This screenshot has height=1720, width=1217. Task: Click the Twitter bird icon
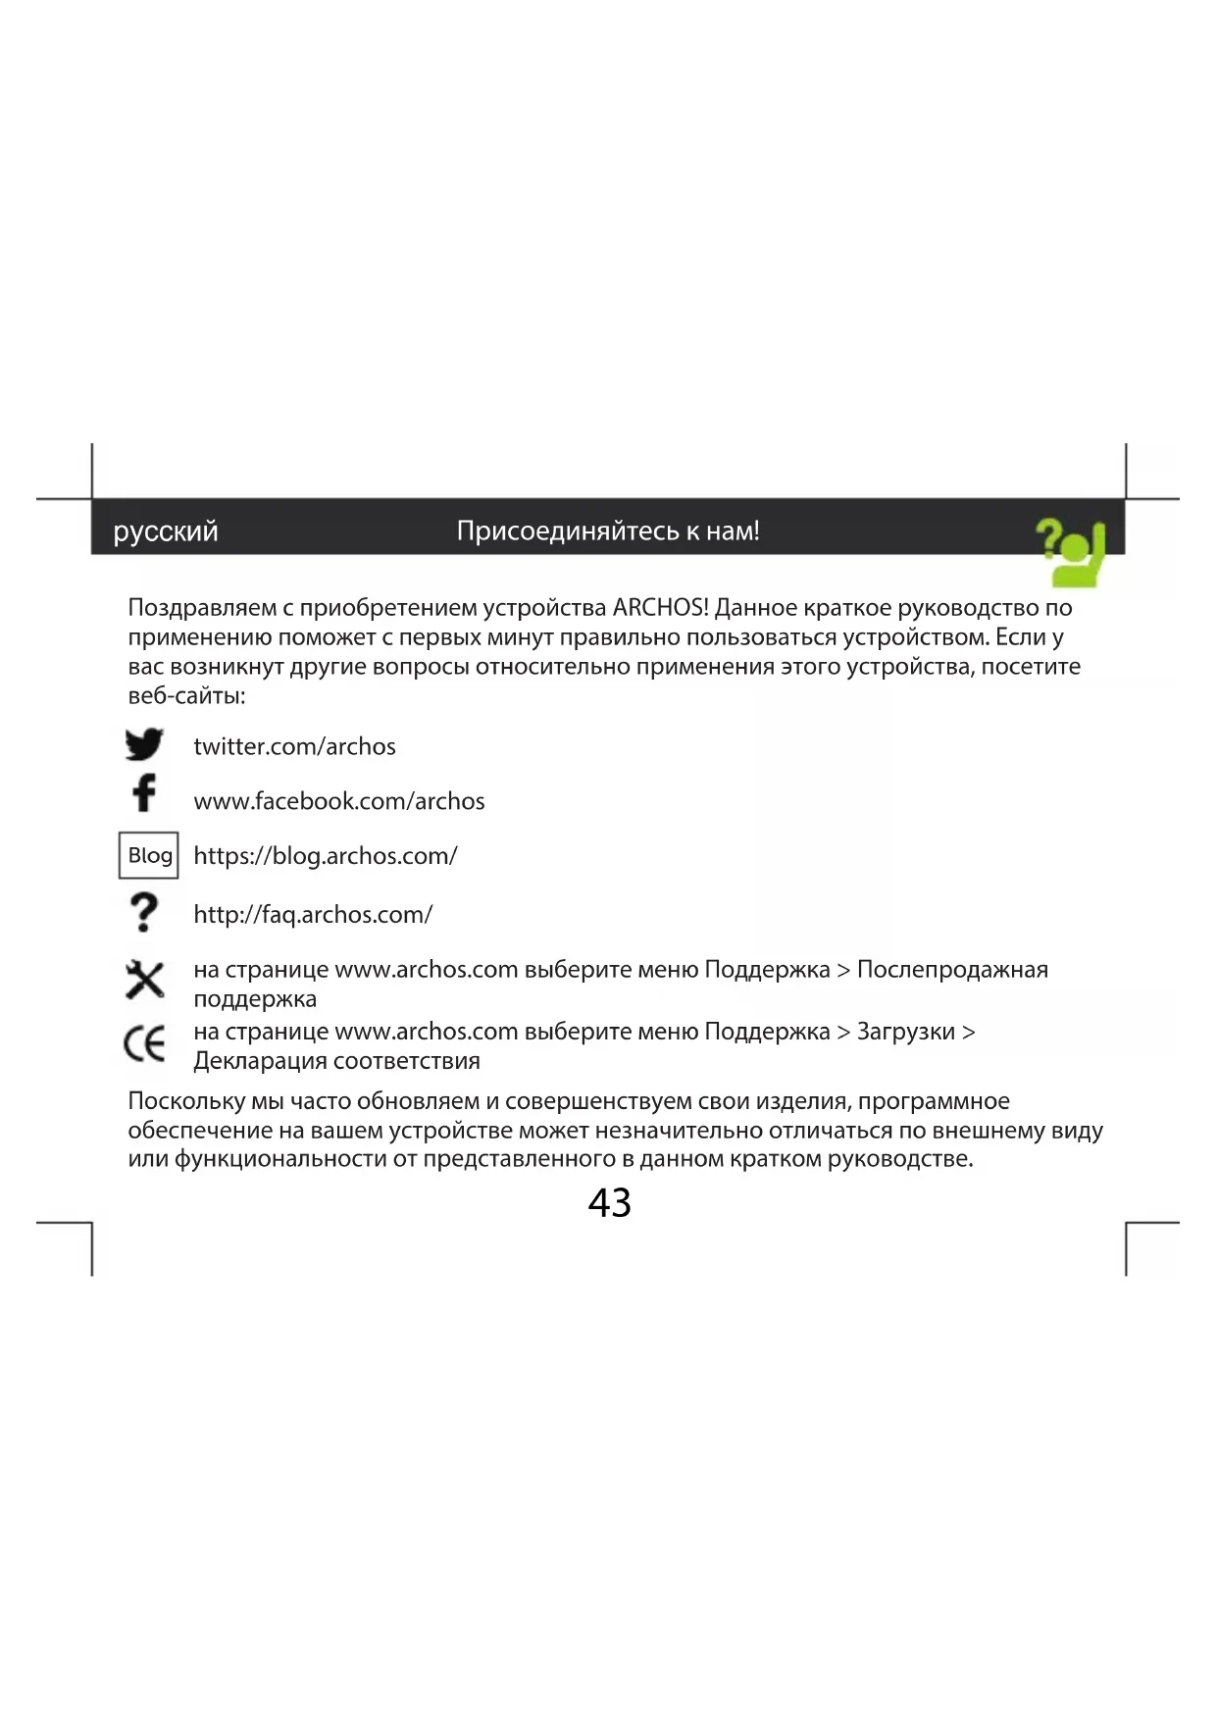(x=144, y=744)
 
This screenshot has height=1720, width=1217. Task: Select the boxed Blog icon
(x=149, y=855)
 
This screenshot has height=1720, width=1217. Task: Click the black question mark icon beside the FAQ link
(x=144, y=912)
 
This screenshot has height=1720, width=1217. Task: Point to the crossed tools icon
(x=145, y=979)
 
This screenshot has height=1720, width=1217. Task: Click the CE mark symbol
(x=145, y=1043)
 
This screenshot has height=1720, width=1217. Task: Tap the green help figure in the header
(x=1073, y=552)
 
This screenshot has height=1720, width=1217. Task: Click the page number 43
(x=609, y=1203)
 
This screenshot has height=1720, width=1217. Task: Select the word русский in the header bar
(x=166, y=531)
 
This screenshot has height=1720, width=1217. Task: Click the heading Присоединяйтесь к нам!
(x=608, y=531)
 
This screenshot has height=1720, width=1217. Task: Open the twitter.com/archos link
(x=294, y=746)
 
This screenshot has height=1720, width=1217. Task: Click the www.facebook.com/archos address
(x=339, y=801)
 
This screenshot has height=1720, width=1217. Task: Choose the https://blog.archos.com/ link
(x=326, y=856)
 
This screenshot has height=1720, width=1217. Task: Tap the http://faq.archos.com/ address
(x=313, y=915)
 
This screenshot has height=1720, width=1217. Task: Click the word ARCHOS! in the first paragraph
(x=660, y=608)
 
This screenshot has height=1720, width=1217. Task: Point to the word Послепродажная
(x=952, y=970)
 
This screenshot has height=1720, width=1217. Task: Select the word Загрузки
(x=905, y=1032)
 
